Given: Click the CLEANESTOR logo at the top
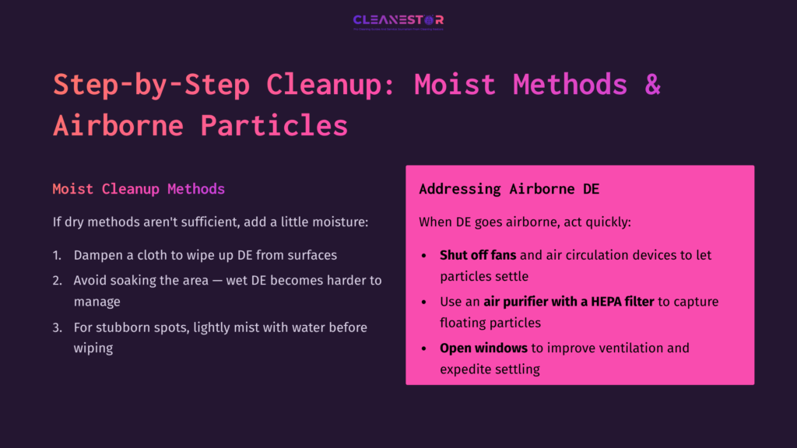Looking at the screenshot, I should point(398,20).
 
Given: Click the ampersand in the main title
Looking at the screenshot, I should point(652,84).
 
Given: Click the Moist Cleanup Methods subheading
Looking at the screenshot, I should point(139,189).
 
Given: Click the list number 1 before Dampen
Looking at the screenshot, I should point(57,255).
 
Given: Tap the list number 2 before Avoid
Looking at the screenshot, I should point(57,280).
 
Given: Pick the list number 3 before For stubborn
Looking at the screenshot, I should point(57,327).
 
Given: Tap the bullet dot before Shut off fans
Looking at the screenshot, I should point(423,255).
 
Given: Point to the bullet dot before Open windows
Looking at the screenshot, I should point(423,348).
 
